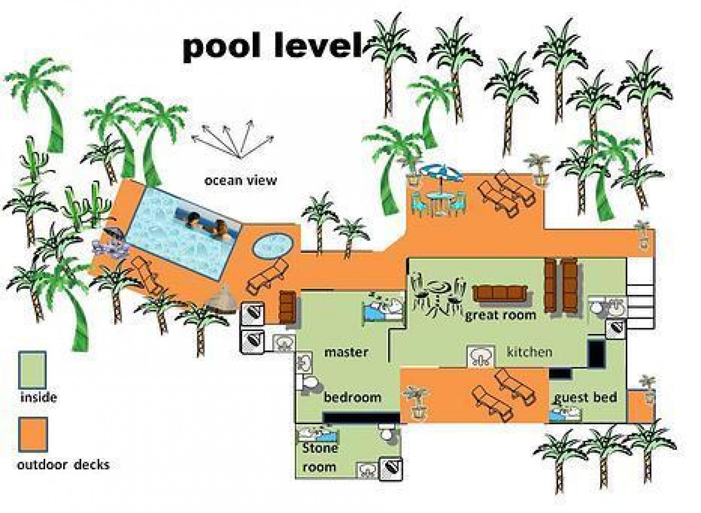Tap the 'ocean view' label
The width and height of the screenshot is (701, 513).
pos(240,180)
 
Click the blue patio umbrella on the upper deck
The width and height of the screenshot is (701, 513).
pos(442,173)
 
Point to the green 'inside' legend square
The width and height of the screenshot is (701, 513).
pos(32,370)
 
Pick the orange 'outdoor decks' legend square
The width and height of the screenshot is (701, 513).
pos(33,435)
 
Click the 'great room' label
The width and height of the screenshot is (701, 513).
pos(501,315)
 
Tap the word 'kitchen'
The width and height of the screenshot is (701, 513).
pos(529,352)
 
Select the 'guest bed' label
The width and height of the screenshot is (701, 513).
pos(586,398)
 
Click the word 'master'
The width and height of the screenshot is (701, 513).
pos(346,352)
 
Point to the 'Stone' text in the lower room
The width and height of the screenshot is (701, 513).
pos(320,448)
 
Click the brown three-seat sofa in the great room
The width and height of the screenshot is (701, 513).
pos(500,294)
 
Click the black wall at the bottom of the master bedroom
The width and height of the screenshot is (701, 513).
pos(361,418)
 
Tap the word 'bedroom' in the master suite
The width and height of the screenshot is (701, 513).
pos(352,398)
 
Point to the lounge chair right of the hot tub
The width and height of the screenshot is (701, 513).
pos(266,276)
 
